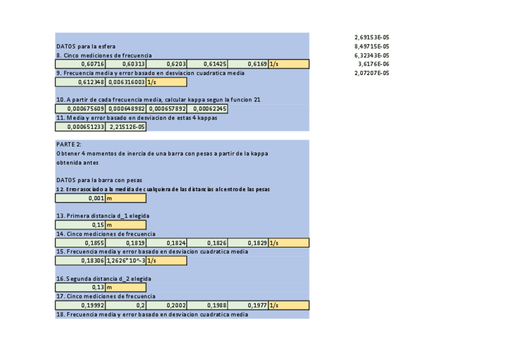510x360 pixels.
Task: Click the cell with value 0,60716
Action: [x=81, y=64]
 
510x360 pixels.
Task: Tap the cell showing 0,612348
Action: [x=81, y=82]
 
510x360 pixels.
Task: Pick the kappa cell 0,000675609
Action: [x=81, y=109]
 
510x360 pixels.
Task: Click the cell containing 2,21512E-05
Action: [x=126, y=127]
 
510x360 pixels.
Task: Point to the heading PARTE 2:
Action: [x=69, y=144]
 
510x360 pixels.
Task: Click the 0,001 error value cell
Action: [x=81, y=198]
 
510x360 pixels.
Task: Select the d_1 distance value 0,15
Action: [x=81, y=225]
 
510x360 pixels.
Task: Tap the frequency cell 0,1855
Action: [x=81, y=243]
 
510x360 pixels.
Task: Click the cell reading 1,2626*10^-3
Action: [x=126, y=261]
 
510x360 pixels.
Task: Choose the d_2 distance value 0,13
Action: [x=81, y=287]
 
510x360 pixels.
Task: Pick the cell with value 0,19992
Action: [x=81, y=305]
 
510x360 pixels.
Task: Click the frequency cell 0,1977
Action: [x=248, y=305]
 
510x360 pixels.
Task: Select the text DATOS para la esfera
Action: [x=85, y=46]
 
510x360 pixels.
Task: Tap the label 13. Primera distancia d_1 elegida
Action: [x=102, y=216]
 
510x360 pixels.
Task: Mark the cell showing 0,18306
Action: [x=81, y=261]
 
